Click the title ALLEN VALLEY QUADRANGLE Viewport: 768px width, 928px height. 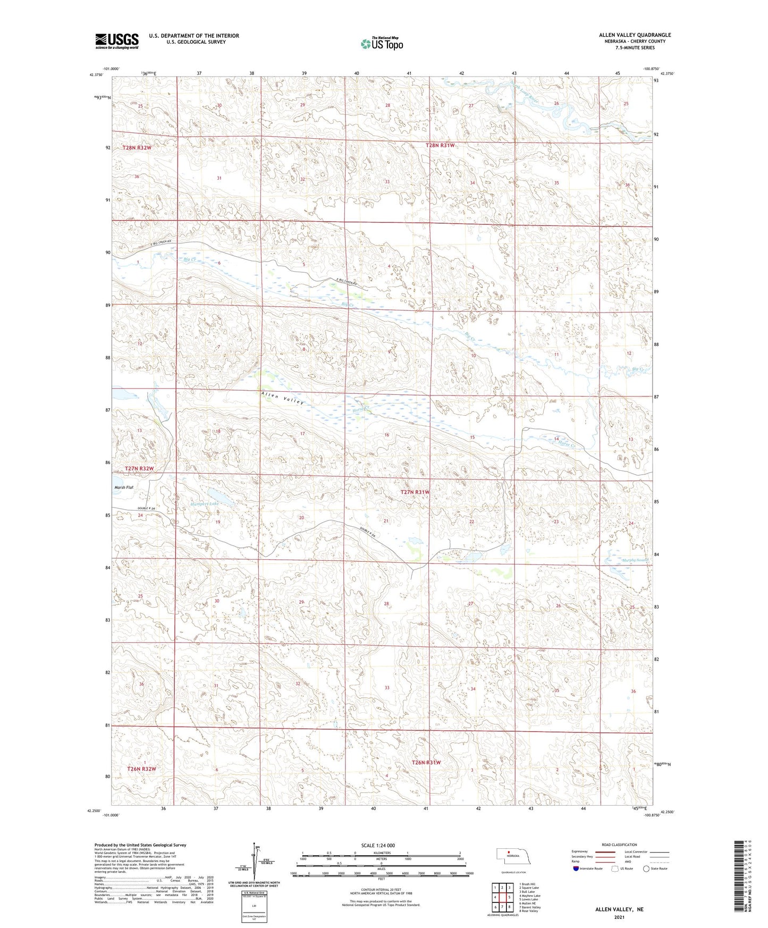tap(635, 35)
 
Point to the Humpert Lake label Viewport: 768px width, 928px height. tap(205, 503)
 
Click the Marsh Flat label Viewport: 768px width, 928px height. tap(123, 487)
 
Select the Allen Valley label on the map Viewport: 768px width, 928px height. tap(282, 398)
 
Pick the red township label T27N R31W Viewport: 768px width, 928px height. tap(415, 492)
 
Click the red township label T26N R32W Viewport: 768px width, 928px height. tap(141, 769)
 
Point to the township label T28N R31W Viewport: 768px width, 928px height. tap(440, 145)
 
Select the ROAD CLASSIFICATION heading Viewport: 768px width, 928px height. tap(620, 845)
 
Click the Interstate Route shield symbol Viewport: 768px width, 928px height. tap(576, 868)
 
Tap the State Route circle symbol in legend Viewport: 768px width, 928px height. tap(646, 868)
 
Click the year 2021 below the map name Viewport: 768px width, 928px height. tap(619, 917)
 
